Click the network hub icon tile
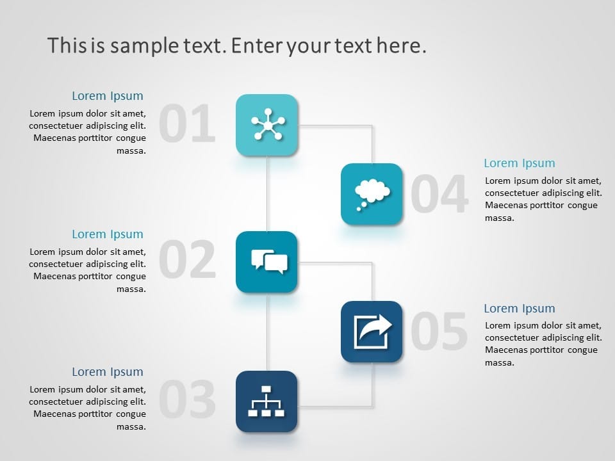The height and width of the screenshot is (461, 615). coord(266,125)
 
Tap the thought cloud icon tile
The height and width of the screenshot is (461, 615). coord(372,194)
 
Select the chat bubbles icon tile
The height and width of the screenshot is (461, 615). coord(266,262)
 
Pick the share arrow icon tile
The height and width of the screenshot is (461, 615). coord(372,332)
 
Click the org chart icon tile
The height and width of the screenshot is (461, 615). coord(266,401)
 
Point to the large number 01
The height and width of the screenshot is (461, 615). coord(187,124)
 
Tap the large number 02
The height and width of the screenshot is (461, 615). coord(188,259)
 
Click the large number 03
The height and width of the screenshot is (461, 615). coord(188,399)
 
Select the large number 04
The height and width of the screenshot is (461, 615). coord(439,193)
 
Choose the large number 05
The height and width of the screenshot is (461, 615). coord(439,331)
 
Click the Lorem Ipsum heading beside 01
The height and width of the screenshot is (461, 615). coord(108,96)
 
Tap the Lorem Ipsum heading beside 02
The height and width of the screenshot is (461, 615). coord(108,234)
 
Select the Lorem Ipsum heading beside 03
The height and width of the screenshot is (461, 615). coord(108,372)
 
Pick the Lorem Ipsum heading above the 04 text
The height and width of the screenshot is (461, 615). coord(520,163)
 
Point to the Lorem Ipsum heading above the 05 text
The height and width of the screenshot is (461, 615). coord(520,309)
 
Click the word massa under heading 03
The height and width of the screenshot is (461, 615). coord(131,426)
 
